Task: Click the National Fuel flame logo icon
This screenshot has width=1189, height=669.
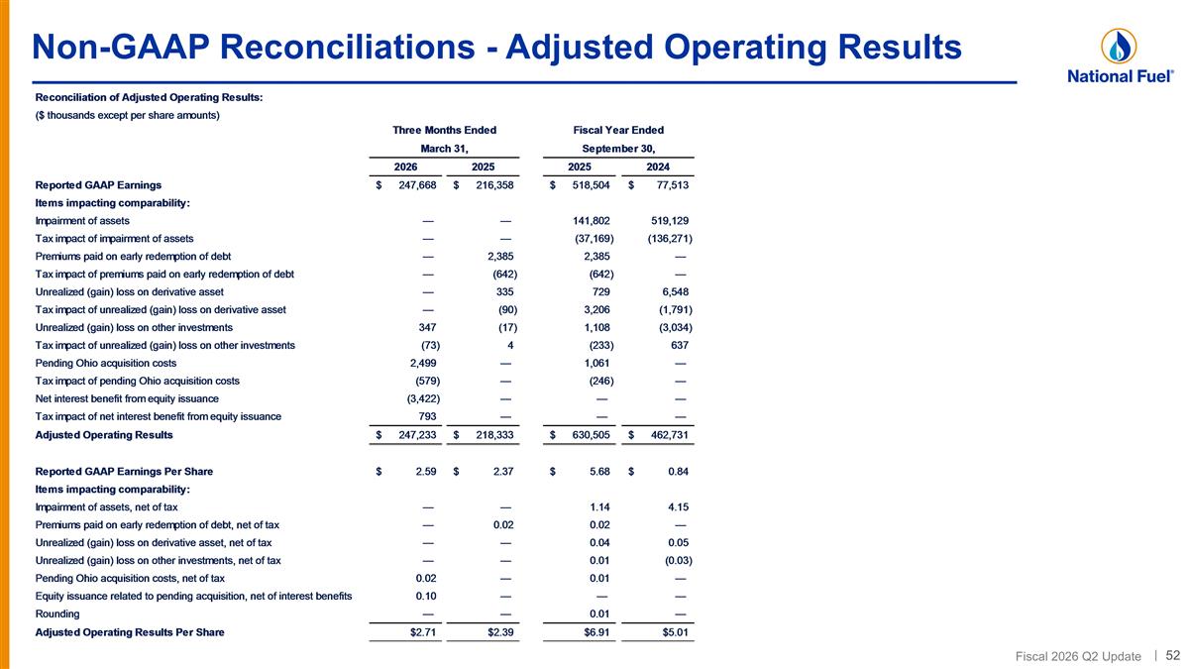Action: click(x=1119, y=47)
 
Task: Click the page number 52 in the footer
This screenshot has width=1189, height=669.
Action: click(x=1172, y=655)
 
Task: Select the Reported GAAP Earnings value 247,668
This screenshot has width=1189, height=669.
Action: click(x=417, y=184)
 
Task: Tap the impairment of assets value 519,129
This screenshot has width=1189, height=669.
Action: click(x=670, y=220)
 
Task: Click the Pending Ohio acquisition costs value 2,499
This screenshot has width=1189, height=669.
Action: click(x=423, y=363)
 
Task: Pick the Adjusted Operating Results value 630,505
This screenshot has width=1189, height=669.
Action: click(x=591, y=435)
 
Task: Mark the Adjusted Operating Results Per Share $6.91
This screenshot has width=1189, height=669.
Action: click(x=596, y=632)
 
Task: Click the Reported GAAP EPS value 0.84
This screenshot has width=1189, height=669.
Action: click(x=678, y=471)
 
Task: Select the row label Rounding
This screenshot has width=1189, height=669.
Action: click(x=57, y=613)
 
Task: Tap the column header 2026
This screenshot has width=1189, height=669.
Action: click(x=405, y=167)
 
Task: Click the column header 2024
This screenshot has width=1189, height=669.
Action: click(x=658, y=167)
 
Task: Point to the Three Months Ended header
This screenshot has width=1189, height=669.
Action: click(x=444, y=130)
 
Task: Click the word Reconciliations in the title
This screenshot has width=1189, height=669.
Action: click(x=347, y=47)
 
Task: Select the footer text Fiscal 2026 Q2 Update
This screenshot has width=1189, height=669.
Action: click(x=1078, y=656)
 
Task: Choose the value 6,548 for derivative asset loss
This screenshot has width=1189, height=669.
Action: click(x=675, y=291)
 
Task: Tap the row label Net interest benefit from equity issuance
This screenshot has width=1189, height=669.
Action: click(x=127, y=398)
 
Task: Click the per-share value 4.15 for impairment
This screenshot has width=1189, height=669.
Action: click(x=678, y=506)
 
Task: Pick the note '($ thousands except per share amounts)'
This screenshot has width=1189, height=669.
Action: click(x=128, y=115)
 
